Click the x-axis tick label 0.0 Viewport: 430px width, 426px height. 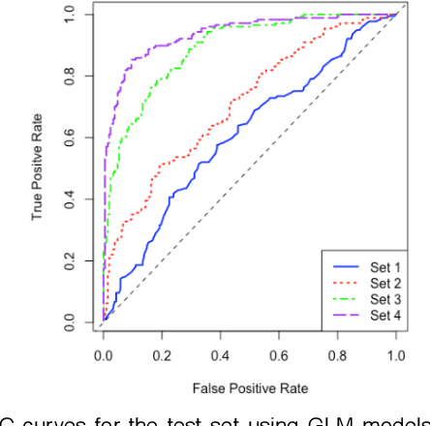pos(103,355)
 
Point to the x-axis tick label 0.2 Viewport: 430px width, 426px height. pos(161,355)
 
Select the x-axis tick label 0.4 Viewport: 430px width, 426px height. pos(220,355)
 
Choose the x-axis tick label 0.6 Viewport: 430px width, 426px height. pos(279,355)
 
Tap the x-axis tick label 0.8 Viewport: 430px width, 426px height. pos(337,355)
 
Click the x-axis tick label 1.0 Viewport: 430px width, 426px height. pos(395,355)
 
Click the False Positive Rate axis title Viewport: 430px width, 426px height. pos(249,389)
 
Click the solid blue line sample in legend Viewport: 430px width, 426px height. pos(345,266)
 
